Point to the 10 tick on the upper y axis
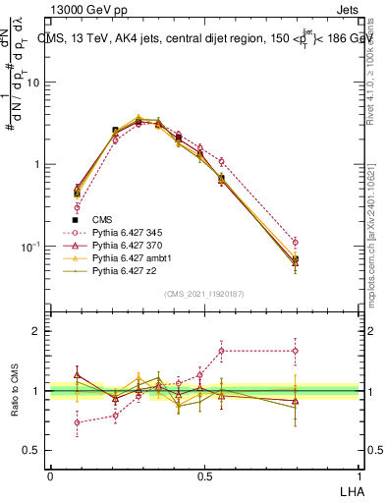click(x=33, y=83)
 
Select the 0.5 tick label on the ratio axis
click(x=31, y=450)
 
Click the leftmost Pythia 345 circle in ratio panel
click(x=77, y=422)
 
